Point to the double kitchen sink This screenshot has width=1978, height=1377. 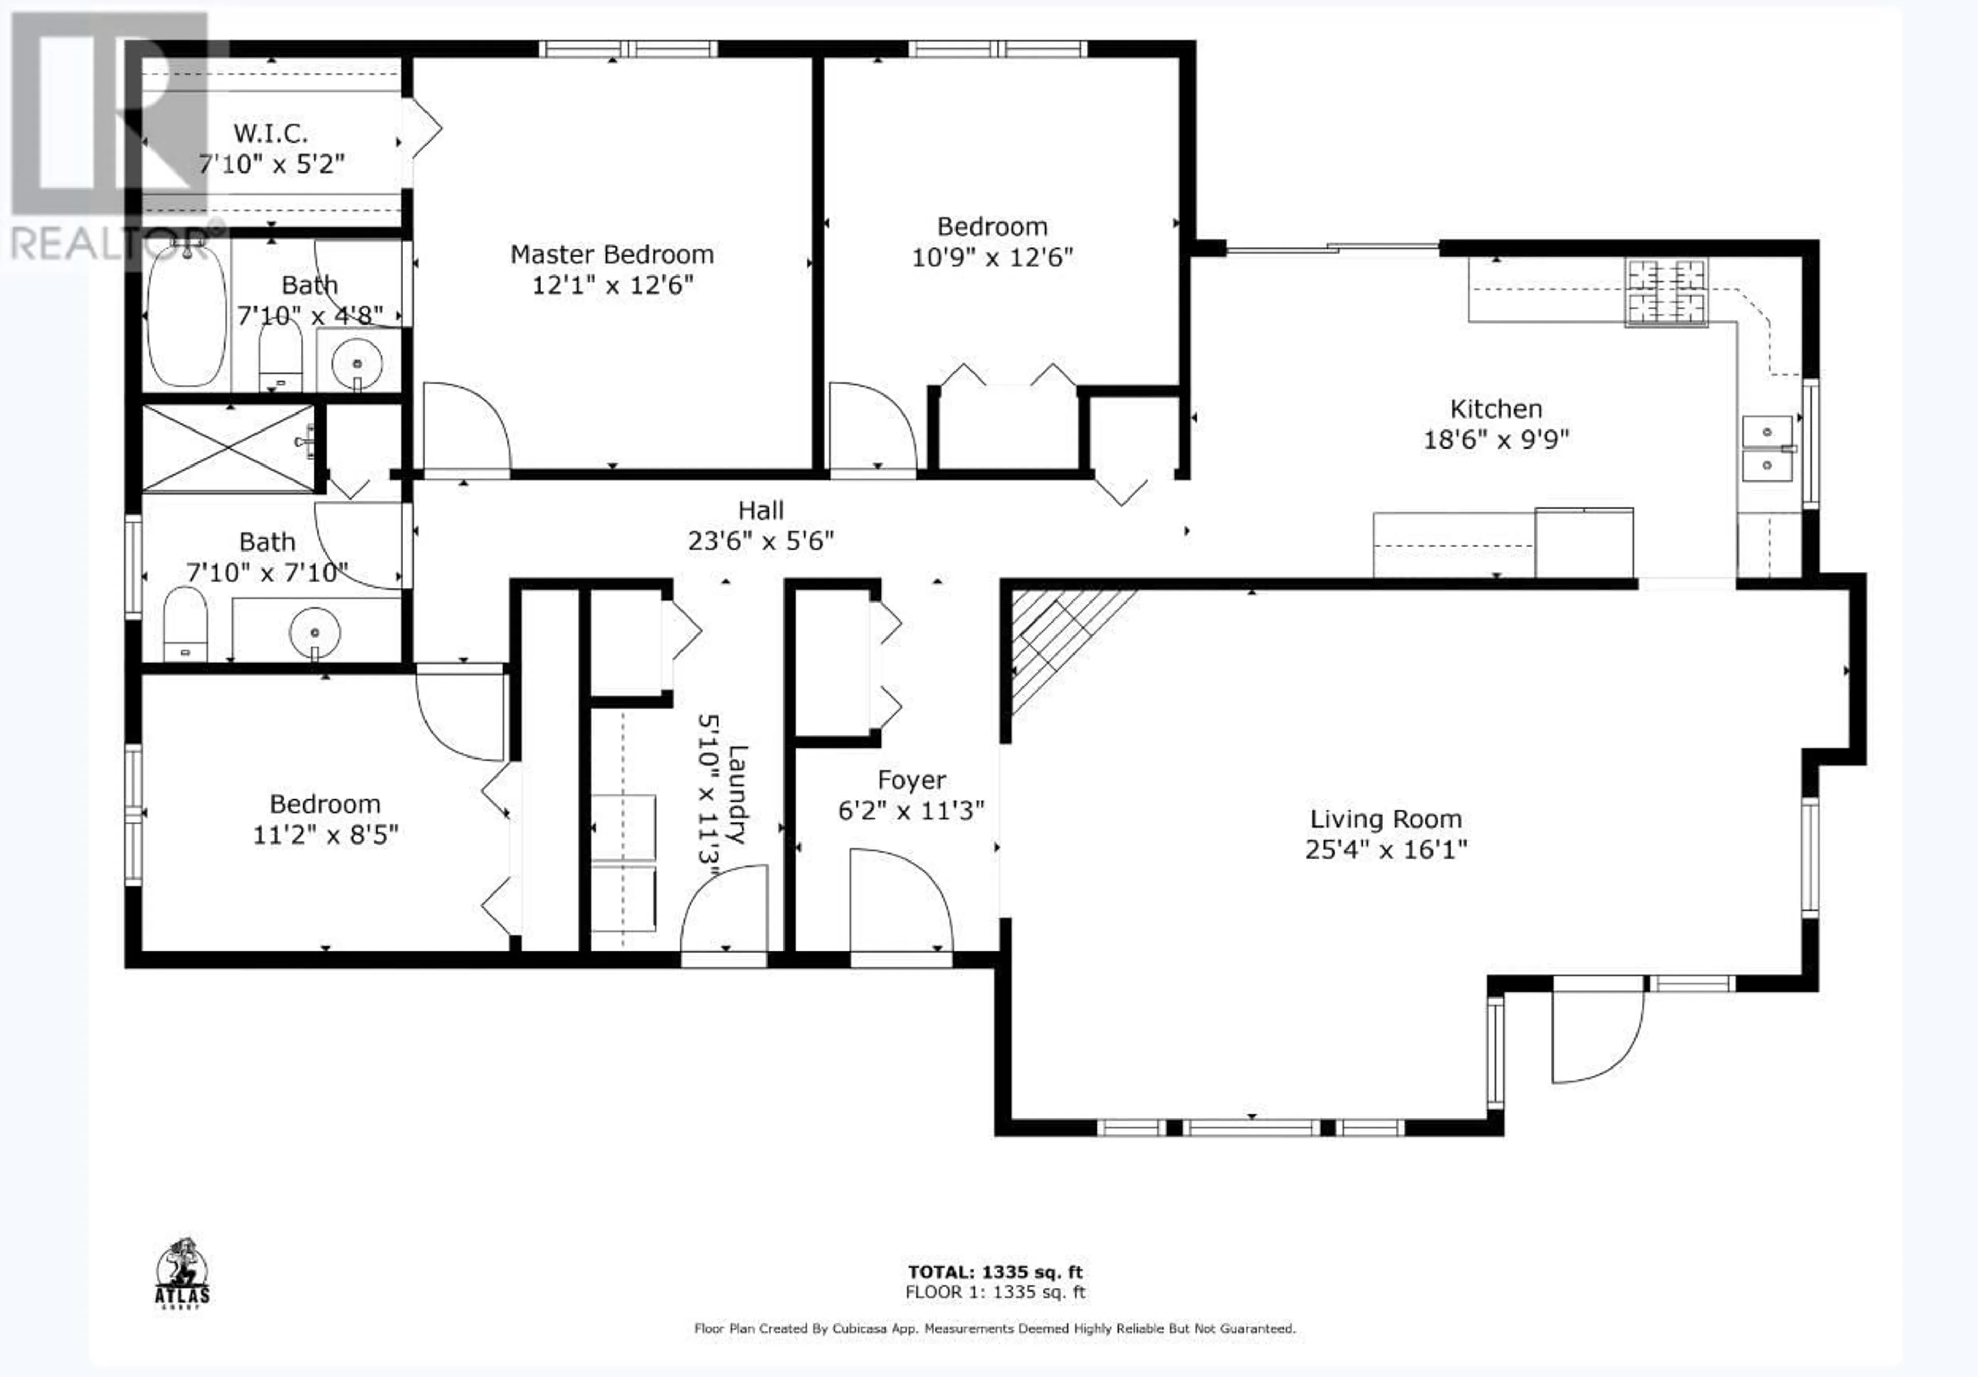click(1767, 448)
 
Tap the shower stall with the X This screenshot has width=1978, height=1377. click(229, 448)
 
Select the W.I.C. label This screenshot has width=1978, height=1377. click(270, 133)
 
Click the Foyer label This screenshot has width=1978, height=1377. click(911, 780)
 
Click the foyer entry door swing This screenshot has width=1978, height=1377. click(901, 900)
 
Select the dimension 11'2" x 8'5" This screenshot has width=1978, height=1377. click(325, 834)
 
